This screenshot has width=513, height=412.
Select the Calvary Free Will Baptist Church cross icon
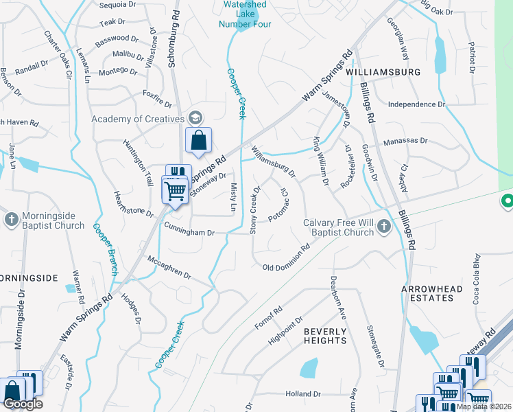(x=383, y=227)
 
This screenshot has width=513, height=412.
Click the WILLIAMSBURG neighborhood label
(x=383, y=71)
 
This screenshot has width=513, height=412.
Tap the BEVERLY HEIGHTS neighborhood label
(x=325, y=336)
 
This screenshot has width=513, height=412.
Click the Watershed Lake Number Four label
(x=245, y=14)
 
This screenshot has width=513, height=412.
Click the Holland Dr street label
(x=303, y=395)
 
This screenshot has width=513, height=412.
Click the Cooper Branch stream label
(x=104, y=249)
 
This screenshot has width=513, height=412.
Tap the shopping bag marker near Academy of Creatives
(x=198, y=141)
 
